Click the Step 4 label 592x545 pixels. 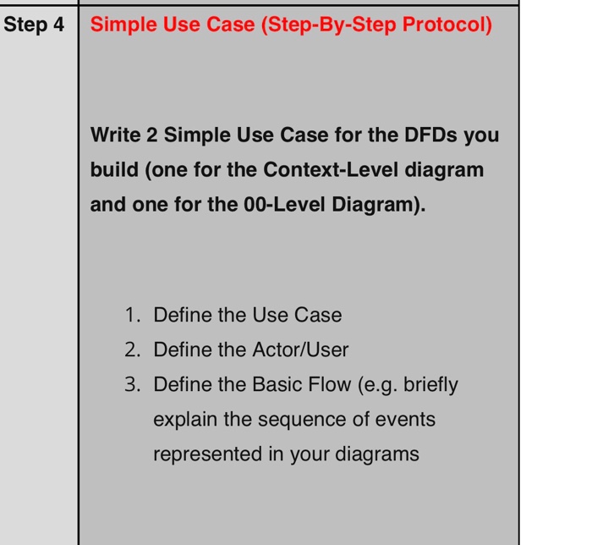[34, 25]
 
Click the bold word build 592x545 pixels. [115, 169]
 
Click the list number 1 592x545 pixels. [131, 316]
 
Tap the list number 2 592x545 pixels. [131, 350]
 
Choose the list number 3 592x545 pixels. [131, 385]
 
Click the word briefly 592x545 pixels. [430, 385]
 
